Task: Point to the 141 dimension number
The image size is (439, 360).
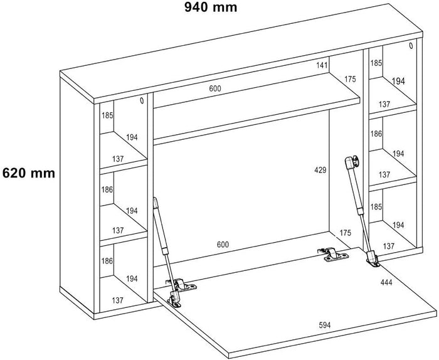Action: pos(322,65)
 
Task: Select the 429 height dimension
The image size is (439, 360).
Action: pos(320,170)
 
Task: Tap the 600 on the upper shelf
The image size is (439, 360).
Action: pos(215,88)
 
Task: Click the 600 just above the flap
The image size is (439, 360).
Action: pos(223,244)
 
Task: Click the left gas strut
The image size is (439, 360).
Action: pos(161,233)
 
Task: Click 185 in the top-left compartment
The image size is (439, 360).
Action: pos(107,115)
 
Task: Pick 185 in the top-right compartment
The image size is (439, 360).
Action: pos(376,63)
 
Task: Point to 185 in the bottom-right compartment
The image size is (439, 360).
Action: pos(376,206)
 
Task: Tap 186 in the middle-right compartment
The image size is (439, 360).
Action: pos(376,134)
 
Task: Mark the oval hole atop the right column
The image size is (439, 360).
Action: pos(411,45)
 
